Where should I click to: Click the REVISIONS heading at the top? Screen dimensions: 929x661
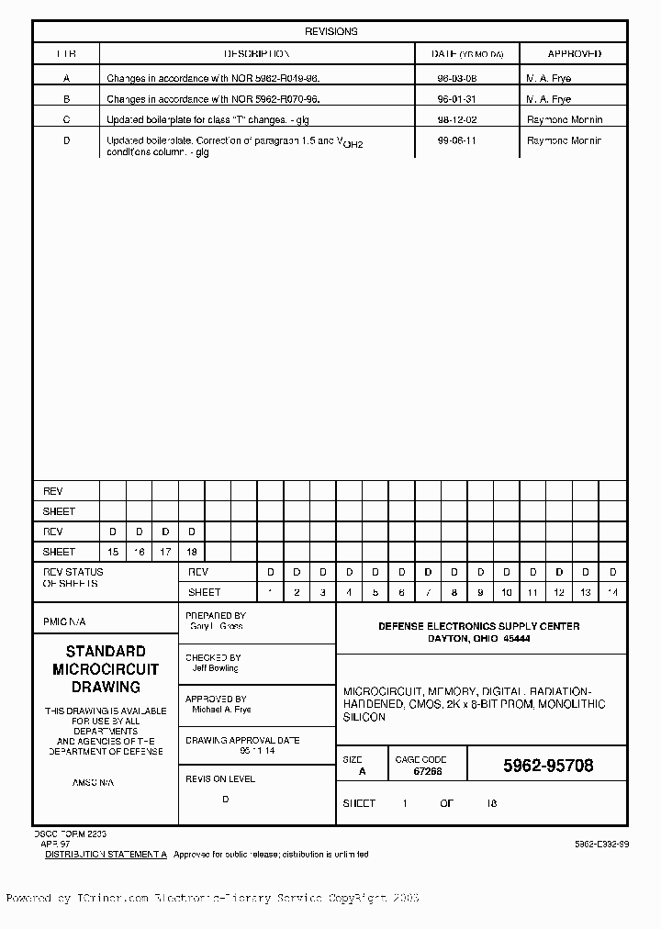point(330,31)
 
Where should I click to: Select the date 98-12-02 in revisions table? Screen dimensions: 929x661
point(456,119)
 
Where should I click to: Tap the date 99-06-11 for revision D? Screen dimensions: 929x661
point(456,140)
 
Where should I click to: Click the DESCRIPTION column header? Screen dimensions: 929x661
point(257,54)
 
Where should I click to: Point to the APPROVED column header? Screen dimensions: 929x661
point(574,54)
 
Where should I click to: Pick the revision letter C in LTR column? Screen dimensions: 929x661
point(66,119)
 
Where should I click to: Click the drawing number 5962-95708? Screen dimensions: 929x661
point(548,766)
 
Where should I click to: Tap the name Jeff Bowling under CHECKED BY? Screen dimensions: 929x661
point(215,668)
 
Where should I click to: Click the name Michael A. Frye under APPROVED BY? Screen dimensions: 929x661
point(220,710)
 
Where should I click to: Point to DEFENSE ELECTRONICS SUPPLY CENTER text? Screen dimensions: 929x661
point(479,626)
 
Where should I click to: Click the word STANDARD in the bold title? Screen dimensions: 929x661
point(105,651)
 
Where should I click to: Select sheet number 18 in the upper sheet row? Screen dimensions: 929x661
point(191,552)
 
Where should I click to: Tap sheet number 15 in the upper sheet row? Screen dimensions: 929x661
point(113,552)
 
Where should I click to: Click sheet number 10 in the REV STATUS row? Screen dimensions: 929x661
point(506,592)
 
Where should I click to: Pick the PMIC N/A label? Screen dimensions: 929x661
point(64,621)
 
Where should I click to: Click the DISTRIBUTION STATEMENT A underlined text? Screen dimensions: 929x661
point(106,854)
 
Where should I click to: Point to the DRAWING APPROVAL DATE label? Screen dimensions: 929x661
point(242,740)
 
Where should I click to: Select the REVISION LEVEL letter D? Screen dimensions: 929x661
point(226,799)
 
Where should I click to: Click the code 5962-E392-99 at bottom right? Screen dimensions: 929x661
point(601,843)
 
